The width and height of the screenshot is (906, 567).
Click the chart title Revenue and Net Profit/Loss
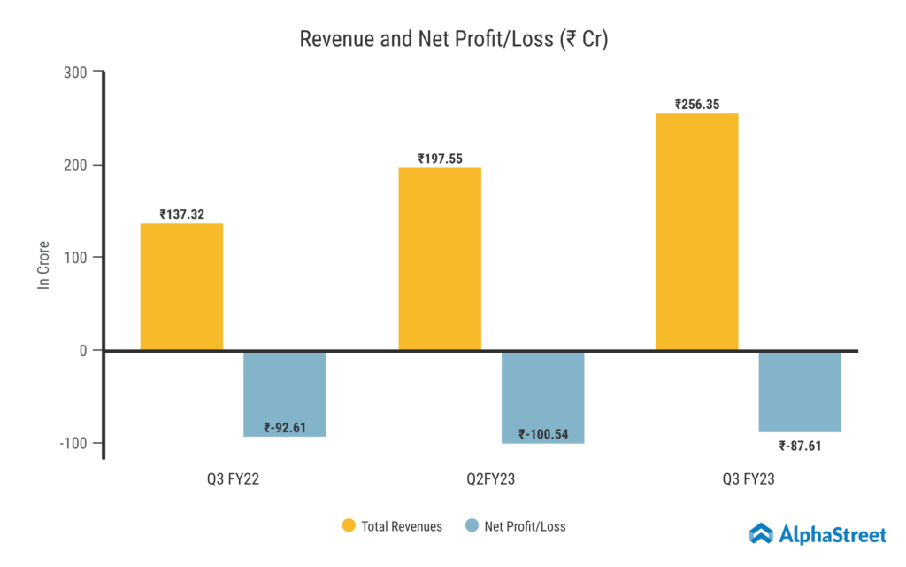click(x=453, y=40)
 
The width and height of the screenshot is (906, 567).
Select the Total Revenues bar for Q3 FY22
click(x=181, y=286)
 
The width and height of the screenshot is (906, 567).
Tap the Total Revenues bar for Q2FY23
click(x=440, y=259)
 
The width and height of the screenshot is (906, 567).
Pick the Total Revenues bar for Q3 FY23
click(x=696, y=231)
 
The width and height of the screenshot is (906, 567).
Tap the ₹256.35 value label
click(x=697, y=104)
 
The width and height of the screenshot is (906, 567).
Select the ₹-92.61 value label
click(x=285, y=428)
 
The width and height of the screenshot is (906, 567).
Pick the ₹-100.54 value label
click(x=542, y=435)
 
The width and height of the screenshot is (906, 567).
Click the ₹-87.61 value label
click(x=800, y=446)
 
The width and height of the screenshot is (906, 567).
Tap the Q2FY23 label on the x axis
click(x=491, y=480)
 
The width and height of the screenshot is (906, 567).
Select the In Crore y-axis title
click(x=42, y=265)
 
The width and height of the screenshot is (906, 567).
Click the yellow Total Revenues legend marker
click(x=349, y=526)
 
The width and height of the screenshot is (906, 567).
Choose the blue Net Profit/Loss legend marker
click(x=471, y=526)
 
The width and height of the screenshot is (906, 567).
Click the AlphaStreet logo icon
click(x=761, y=532)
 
